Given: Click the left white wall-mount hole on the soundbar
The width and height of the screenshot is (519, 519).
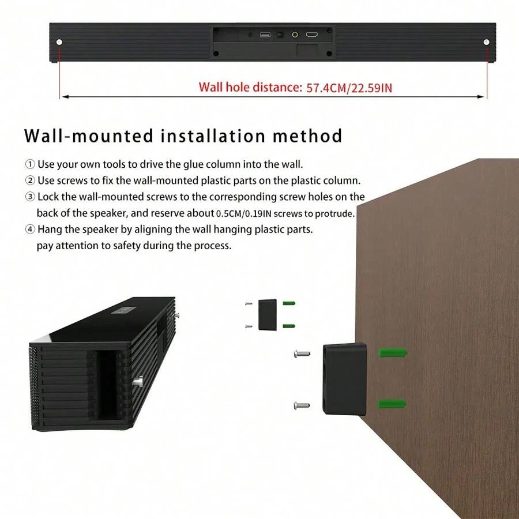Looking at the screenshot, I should click(60, 42).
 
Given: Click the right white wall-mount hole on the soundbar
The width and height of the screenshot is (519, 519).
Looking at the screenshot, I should click(487, 42).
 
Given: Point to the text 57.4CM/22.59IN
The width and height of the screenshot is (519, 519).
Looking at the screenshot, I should click(349, 88).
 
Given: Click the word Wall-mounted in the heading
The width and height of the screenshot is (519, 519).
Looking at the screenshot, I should click(89, 137).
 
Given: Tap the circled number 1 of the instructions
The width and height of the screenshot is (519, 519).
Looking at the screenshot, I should click(30, 165).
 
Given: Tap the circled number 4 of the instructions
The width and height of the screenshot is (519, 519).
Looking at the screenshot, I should click(30, 230).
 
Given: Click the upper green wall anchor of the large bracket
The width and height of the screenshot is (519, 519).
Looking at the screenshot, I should click(393, 352).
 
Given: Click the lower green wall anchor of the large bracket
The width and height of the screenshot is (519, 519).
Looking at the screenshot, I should click(393, 404).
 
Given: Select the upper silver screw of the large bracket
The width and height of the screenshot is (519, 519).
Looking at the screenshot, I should click(301, 352).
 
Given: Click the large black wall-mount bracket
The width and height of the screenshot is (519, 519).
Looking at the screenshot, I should click(345, 379).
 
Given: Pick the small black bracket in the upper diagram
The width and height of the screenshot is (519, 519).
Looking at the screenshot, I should click(268, 314).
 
